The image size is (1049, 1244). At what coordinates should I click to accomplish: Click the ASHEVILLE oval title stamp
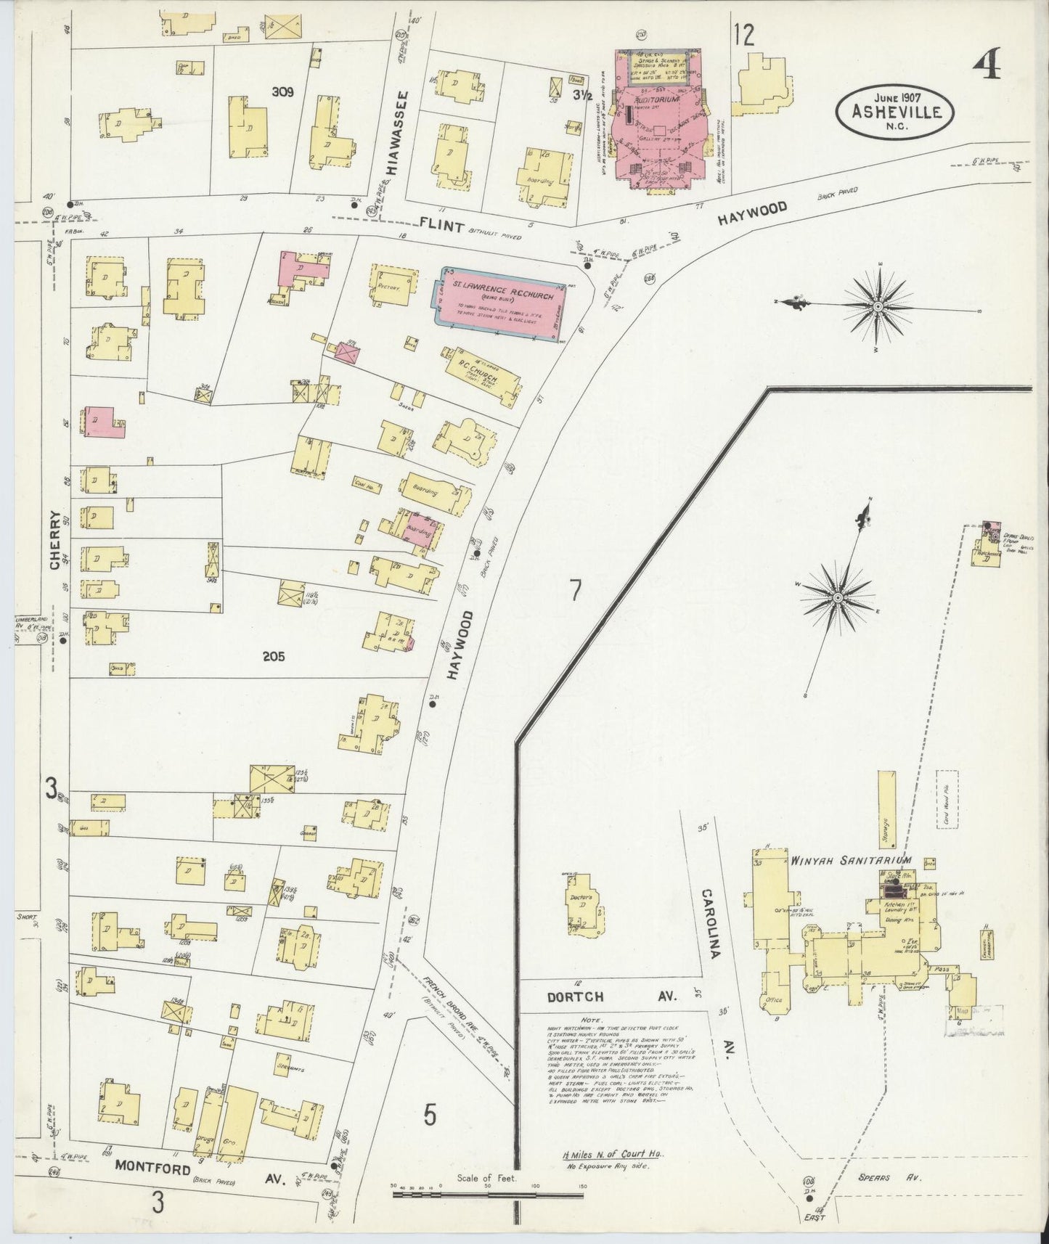(897, 111)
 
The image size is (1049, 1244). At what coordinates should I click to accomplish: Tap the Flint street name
(441, 226)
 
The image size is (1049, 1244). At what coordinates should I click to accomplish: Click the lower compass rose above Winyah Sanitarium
(837, 597)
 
